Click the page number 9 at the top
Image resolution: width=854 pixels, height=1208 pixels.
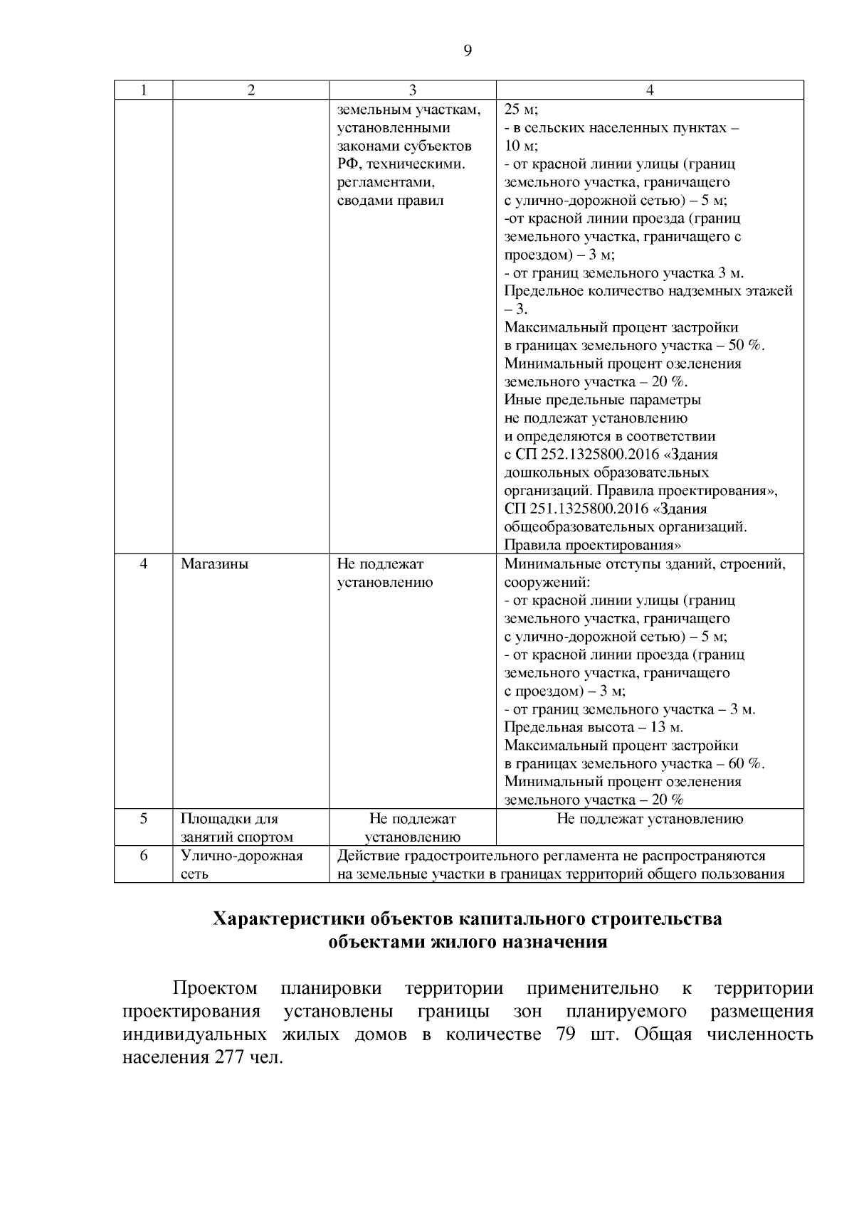468,51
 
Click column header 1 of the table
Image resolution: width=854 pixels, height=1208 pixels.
143,90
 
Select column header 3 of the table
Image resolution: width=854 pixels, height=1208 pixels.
412,90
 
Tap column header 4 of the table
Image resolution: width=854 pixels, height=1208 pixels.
649,90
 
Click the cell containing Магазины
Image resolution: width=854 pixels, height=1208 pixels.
215,564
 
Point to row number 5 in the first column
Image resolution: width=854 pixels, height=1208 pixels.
143,818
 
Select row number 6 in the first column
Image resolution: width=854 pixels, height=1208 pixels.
143,856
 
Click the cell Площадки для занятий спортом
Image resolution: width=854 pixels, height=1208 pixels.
236,827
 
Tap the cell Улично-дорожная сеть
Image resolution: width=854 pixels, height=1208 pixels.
241,864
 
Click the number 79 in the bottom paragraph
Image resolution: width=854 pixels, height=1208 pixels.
565,1034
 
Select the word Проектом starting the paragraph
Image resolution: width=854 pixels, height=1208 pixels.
215,989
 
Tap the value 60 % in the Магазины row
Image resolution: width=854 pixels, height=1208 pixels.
745,763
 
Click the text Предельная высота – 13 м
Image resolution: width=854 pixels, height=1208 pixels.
594,727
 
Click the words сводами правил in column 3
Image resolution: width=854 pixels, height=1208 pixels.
390,201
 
